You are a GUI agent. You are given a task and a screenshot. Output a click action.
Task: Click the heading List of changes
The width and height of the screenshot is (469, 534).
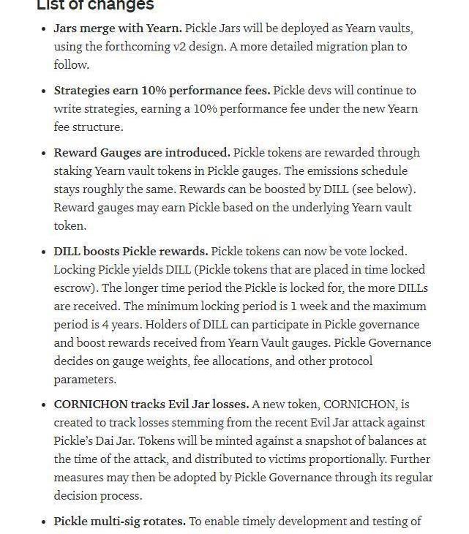coord(95,5)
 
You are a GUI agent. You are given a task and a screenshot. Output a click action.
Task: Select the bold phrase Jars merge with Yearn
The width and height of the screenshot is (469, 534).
coord(118,29)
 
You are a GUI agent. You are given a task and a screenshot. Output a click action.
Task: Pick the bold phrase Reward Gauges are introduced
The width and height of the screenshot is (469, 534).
coord(142,153)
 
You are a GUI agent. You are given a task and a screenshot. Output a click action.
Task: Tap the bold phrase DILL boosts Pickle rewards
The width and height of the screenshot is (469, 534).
coord(131,252)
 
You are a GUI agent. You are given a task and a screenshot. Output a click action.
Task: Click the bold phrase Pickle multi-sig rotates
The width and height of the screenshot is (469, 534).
coord(120,522)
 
